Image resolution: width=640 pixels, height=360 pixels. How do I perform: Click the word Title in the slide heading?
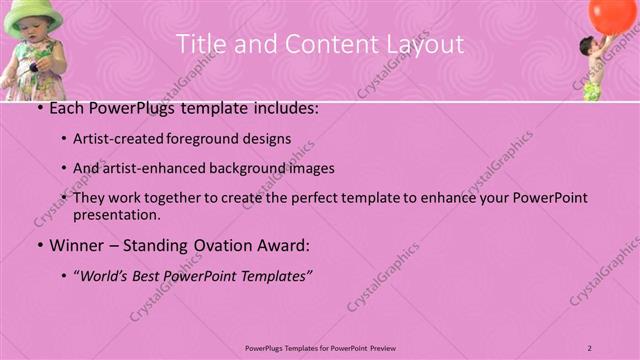tap(198, 44)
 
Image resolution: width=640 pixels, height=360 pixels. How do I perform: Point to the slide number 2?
tap(589, 347)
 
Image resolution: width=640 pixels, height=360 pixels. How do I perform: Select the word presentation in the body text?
tap(116, 214)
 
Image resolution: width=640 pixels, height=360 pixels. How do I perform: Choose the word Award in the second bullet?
tap(286, 244)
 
